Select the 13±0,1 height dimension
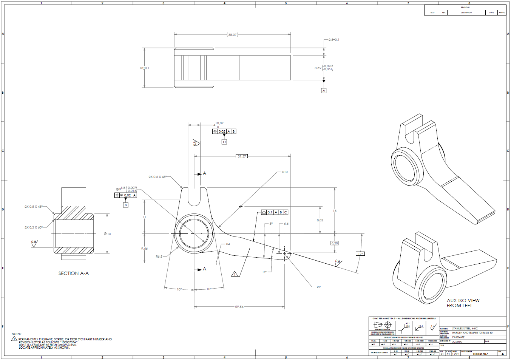click(x=144, y=68)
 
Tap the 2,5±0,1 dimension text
click(x=333, y=40)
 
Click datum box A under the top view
click(x=324, y=91)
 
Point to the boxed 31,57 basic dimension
click(x=242, y=156)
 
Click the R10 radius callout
click(x=285, y=172)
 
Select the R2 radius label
click(x=318, y=287)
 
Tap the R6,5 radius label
click(x=159, y=256)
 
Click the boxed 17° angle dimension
click(x=360, y=253)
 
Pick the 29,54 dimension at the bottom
click(x=239, y=307)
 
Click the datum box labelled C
click(x=224, y=142)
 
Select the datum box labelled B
click(x=126, y=205)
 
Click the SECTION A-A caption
click(x=74, y=273)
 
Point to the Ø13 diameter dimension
click(x=108, y=234)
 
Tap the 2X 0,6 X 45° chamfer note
click(x=157, y=177)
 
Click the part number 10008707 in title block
click(x=480, y=354)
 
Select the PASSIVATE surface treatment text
click(x=458, y=337)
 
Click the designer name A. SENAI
click(x=457, y=341)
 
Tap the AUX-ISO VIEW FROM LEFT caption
click(x=463, y=303)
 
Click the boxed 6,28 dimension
click(x=335, y=243)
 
